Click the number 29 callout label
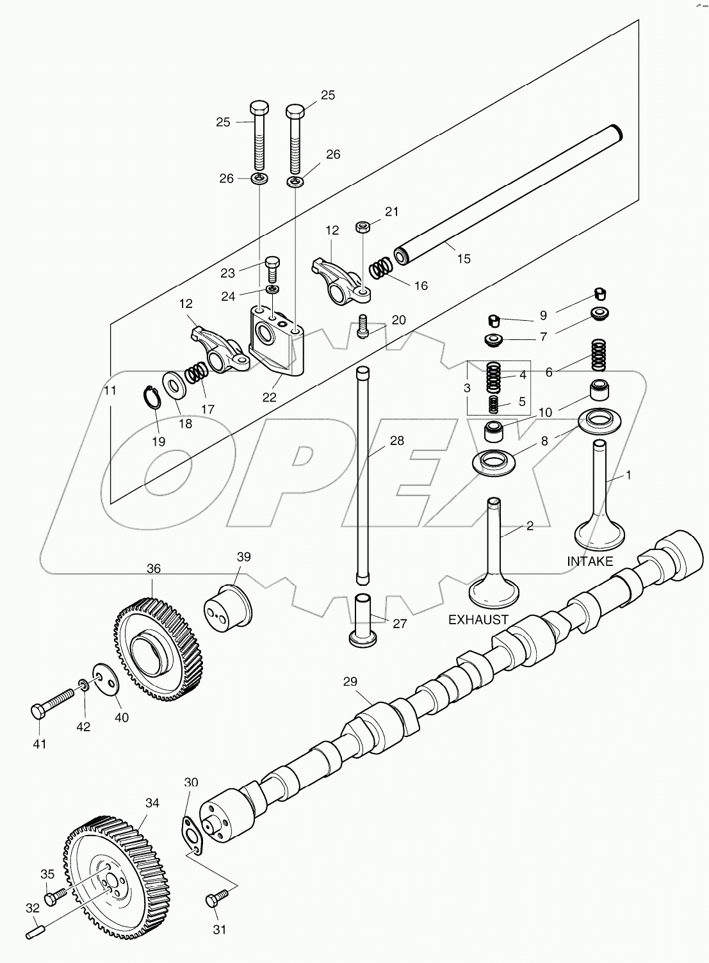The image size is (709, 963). pos(350,681)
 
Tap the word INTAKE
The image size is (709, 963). pos(590,562)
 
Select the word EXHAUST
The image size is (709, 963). pos(478,620)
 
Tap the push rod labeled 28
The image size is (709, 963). pos(363,474)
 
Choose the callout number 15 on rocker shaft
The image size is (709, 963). pos(464,259)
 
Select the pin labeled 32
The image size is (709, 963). pos(36,934)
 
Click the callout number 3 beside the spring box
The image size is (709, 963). pos(467,388)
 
